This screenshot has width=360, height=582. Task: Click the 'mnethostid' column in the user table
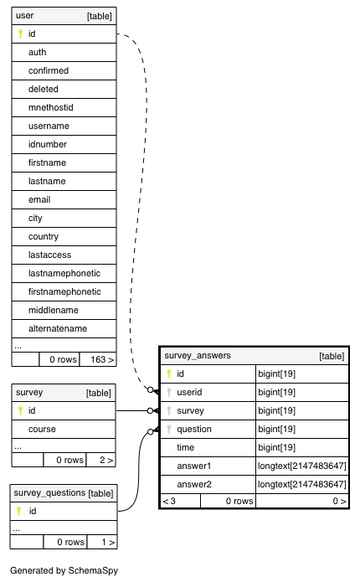point(51,108)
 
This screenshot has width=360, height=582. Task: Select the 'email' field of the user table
point(39,199)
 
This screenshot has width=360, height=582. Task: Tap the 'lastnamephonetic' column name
point(64,274)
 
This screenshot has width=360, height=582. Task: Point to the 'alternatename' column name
point(58,328)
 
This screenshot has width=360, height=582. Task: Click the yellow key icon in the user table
point(20,33)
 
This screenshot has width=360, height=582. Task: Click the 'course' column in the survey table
point(42,429)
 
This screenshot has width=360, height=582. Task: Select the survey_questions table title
point(49,493)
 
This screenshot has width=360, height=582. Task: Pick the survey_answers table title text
point(198,356)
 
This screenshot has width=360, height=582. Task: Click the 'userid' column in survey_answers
point(189,393)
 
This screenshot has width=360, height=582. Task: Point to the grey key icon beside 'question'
point(169,429)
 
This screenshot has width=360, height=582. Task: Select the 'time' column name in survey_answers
point(186,448)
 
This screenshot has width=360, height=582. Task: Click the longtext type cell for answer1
point(302,466)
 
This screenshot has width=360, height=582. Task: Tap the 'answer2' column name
point(194,484)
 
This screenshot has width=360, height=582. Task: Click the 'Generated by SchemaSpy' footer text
point(64,570)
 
